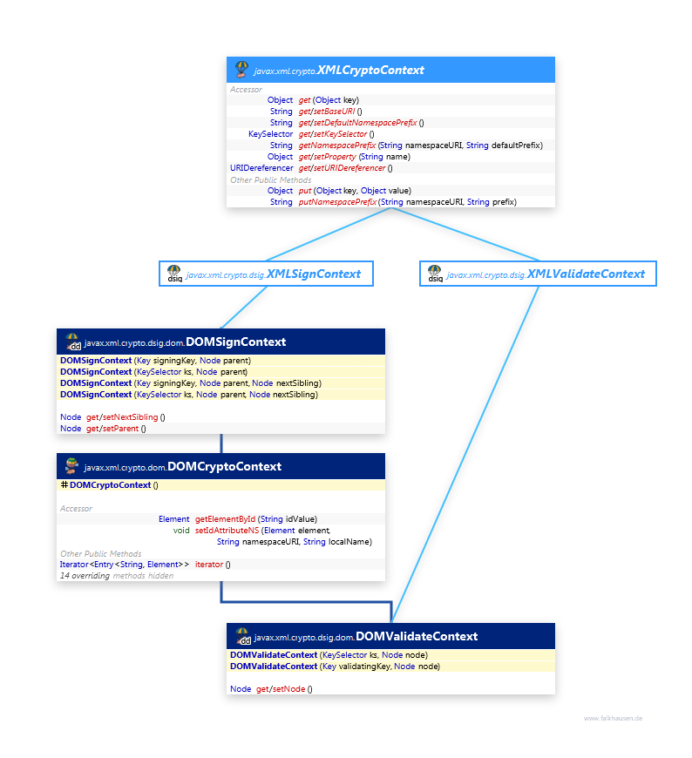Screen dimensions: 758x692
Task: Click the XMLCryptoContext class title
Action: [370, 70]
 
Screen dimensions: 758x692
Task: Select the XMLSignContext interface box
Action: [266, 274]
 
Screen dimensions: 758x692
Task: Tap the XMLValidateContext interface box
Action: [537, 274]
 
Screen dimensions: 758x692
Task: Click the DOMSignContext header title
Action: [235, 342]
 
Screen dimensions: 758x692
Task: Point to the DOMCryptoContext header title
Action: [224, 466]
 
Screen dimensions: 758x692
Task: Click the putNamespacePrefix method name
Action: [337, 202]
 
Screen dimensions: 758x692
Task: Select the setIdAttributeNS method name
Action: [227, 531]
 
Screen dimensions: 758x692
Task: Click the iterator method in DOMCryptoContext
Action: [209, 565]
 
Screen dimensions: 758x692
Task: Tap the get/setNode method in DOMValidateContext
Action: [282, 689]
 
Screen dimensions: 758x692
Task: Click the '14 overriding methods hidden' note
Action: [116, 576]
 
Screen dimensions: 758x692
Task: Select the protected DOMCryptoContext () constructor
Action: [110, 485]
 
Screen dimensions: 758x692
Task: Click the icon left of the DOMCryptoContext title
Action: [71, 466]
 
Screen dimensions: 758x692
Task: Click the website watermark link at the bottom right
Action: [613, 719]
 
